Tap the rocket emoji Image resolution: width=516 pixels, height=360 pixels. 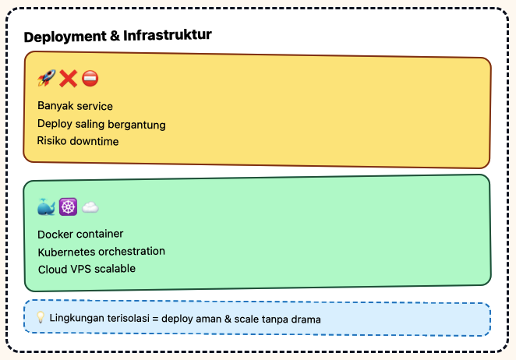(x=46, y=79)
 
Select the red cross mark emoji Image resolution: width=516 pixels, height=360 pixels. (x=68, y=79)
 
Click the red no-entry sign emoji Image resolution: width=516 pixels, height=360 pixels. (x=90, y=79)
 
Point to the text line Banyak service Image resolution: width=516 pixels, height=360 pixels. (x=75, y=106)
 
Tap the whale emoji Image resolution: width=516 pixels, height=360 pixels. (x=46, y=207)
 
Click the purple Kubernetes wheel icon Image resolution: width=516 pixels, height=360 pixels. (x=68, y=207)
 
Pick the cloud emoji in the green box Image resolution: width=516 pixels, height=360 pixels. (x=90, y=207)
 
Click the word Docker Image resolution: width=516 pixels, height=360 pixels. (x=55, y=234)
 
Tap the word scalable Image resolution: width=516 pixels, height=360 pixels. (x=115, y=269)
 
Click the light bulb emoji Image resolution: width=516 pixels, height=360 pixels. (x=41, y=318)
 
